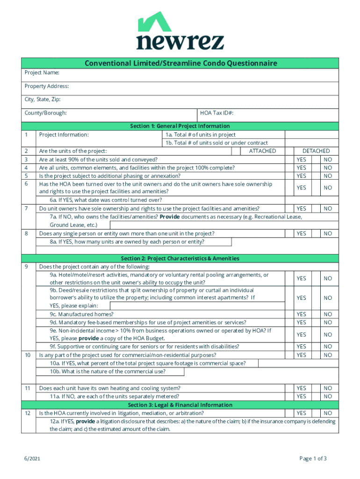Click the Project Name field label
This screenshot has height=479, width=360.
click(42, 73)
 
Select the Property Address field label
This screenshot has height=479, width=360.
click(47, 87)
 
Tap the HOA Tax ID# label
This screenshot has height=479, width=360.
click(216, 113)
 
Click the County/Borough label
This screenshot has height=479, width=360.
click(45, 113)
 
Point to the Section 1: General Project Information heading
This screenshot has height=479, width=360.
click(180, 126)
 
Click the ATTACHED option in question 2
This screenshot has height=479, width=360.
click(262, 151)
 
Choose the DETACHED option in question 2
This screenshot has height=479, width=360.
click(316, 151)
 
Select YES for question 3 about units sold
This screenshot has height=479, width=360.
click(302, 160)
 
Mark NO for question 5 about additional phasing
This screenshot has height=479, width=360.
click(328, 176)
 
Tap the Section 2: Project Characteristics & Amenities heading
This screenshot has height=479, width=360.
click(180, 259)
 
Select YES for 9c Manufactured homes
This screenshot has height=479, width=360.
click(302, 314)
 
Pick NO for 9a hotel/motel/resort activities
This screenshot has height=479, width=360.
click(328, 279)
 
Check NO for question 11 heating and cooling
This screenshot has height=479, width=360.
click(328, 388)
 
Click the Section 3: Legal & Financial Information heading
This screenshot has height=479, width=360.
click(180, 405)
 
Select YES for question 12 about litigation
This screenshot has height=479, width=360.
click(302, 414)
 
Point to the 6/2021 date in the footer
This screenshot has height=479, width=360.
click(32, 459)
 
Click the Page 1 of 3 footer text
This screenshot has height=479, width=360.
click(313, 459)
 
